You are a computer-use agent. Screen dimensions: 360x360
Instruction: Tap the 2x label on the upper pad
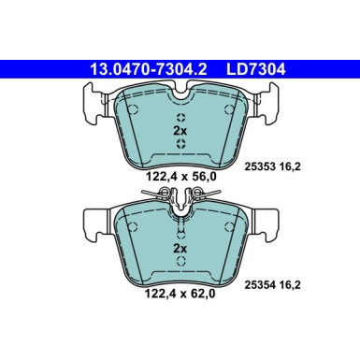pos(180,132)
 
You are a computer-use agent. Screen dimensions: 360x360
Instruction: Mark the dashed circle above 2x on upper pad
pos(180,117)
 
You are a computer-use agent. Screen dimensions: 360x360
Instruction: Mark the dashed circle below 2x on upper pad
pos(180,148)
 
